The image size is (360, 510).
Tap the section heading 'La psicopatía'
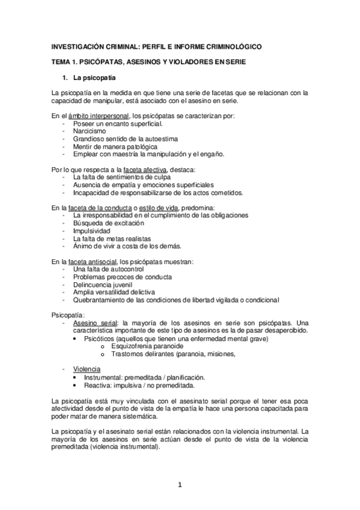[94, 79]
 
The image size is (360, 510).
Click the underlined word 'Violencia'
[87, 369]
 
